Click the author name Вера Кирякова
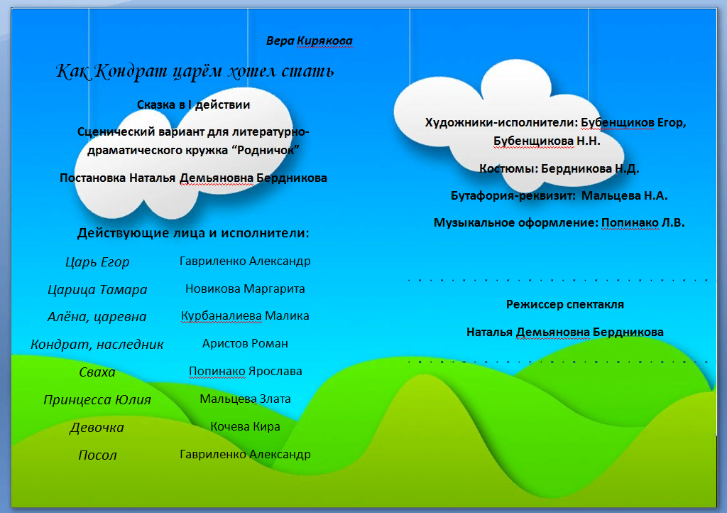click(309, 41)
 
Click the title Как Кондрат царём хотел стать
click(195, 72)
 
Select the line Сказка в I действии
click(193, 105)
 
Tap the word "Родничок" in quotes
click(270, 150)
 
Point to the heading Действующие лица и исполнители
click(193, 233)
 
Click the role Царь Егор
click(97, 262)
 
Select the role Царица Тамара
click(97, 290)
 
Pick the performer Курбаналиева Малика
click(245, 315)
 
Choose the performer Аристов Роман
click(245, 343)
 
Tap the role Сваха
click(97, 372)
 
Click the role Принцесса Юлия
click(97, 400)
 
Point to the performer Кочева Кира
click(245, 427)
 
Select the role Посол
click(97, 455)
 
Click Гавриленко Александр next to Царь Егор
click(245, 261)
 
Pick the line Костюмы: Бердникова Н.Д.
click(559, 169)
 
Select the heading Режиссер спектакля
click(564, 304)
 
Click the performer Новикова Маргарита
click(245, 288)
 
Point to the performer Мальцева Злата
click(245, 399)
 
